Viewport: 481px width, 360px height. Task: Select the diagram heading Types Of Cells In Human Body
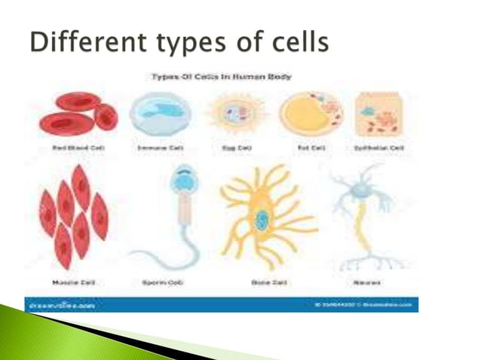click(x=222, y=77)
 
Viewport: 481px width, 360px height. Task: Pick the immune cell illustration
click(x=155, y=112)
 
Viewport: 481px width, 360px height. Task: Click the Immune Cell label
click(x=155, y=148)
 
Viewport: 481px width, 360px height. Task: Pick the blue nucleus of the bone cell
click(x=262, y=221)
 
